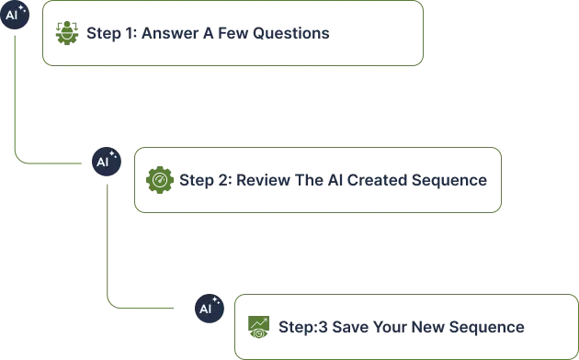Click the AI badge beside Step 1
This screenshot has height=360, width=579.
tap(15, 15)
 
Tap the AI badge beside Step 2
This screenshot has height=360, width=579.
tap(107, 162)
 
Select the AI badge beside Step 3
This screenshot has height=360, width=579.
tap(210, 309)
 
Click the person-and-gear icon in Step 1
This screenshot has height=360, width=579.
tap(67, 33)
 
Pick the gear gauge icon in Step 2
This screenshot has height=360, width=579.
tap(160, 180)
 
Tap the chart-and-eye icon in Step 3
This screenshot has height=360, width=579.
tap(258, 327)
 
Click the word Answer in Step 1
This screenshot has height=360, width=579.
tap(170, 33)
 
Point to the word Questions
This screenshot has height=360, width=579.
tap(291, 33)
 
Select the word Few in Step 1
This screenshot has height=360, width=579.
tap(233, 33)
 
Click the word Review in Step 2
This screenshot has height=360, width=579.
tap(263, 180)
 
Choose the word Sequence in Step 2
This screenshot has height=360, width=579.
tap(449, 181)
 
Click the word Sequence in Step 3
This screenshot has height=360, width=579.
tap(487, 328)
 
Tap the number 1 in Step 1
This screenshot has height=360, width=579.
tap(129, 33)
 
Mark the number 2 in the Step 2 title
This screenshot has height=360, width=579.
tap(223, 180)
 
